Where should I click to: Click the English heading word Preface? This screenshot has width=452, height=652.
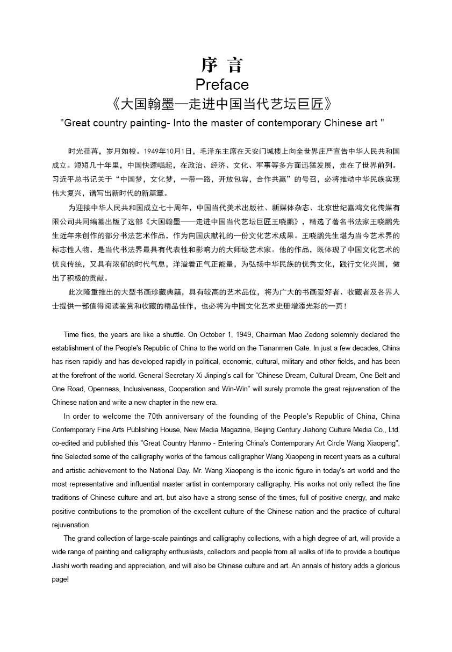tap(222, 84)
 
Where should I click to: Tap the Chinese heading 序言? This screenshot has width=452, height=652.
tap(222, 65)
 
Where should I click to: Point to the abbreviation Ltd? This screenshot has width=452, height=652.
tap(393, 429)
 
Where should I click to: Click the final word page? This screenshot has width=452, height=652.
tap(61, 579)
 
